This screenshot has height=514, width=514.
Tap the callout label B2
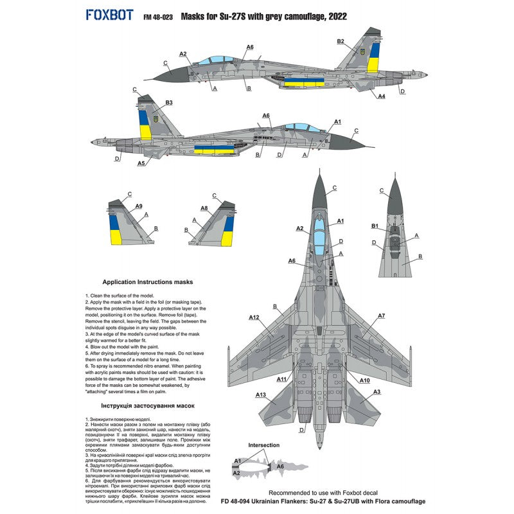point(341,41)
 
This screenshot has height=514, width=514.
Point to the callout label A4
point(381,96)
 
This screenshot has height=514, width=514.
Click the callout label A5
point(141,163)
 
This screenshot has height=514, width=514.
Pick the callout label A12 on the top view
point(254,317)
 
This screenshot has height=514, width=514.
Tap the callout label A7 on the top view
point(382,315)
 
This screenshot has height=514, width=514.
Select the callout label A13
point(261,394)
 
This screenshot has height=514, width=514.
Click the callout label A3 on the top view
point(377,391)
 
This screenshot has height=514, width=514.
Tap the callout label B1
point(375,226)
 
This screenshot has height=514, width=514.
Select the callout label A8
point(204,208)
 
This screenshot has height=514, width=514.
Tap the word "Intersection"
point(263,445)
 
